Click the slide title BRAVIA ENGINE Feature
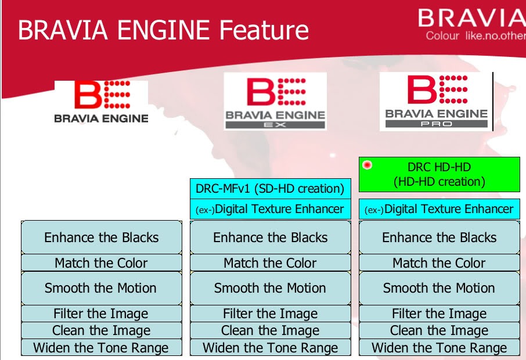click(x=163, y=30)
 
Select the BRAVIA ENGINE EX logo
click(x=275, y=101)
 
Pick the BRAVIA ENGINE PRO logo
click(x=435, y=102)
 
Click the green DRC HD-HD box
click(x=439, y=174)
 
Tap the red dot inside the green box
click(x=367, y=165)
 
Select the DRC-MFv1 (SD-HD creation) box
click(x=270, y=189)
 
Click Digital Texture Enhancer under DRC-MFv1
click(x=270, y=209)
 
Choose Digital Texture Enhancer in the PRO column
click(x=439, y=209)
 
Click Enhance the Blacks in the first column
click(x=101, y=237)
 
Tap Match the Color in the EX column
click(x=270, y=262)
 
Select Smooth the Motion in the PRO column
click(x=439, y=288)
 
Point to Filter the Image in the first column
click(x=101, y=314)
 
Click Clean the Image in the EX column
click(x=270, y=331)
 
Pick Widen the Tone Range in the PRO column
click(x=439, y=348)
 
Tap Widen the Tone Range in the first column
click(x=101, y=348)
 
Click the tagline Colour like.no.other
click(x=475, y=36)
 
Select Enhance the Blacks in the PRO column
click(x=439, y=237)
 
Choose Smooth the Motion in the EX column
click(x=270, y=288)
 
